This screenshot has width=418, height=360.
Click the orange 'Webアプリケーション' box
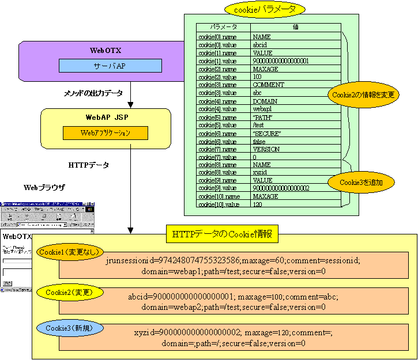(x=105, y=133)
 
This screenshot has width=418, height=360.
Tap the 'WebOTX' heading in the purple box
(x=106, y=51)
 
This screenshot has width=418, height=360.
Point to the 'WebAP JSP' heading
(x=106, y=117)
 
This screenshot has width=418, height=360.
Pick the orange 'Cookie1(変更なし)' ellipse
(x=70, y=252)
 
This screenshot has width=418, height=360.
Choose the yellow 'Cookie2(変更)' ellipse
(x=70, y=292)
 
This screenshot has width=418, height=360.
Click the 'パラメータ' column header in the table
(x=223, y=27)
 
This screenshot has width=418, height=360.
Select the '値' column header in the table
(x=295, y=27)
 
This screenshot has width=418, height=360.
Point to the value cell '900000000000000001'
(x=281, y=60)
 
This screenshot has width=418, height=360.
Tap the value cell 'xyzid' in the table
(x=260, y=172)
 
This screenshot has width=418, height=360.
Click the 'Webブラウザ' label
(x=44, y=188)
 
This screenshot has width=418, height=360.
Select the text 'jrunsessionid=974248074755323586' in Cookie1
(x=176, y=260)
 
